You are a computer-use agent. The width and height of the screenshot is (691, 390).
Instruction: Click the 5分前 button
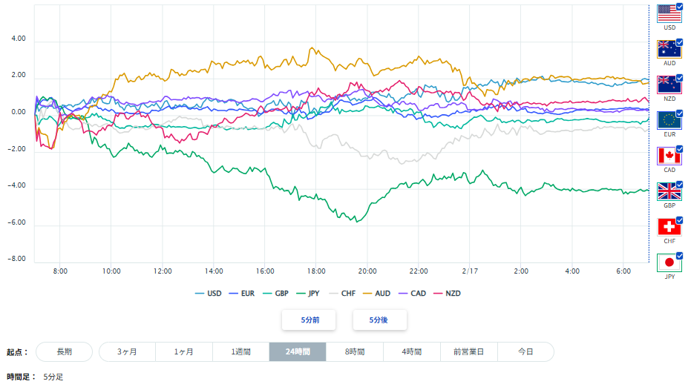[x=309, y=320]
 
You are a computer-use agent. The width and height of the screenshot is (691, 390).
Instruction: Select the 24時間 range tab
[x=298, y=351]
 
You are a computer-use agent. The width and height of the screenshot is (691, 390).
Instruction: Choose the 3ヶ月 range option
[x=127, y=351]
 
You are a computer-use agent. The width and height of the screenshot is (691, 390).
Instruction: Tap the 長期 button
[x=65, y=351]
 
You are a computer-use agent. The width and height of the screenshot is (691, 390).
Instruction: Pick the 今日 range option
[x=525, y=351]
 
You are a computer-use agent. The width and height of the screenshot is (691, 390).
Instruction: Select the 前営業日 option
[x=469, y=351]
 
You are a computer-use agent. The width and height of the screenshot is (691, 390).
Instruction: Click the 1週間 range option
[x=241, y=351]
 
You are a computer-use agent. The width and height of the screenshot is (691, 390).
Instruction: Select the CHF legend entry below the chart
[x=343, y=294]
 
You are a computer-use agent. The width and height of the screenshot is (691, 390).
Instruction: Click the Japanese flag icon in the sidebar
[x=669, y=262]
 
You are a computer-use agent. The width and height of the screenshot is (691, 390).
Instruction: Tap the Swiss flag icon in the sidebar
[x=669, y=227]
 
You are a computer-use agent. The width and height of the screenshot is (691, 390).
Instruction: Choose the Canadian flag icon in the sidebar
[x=669, y=156]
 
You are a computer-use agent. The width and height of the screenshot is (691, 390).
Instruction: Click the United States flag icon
[x=669, y=13]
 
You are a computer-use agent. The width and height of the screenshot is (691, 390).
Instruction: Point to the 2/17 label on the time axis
[x=470, y=271]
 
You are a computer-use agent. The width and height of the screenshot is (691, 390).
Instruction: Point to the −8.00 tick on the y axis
[x=18, y=260]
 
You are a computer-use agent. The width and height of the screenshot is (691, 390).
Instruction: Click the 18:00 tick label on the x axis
[x=316, y=271]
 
